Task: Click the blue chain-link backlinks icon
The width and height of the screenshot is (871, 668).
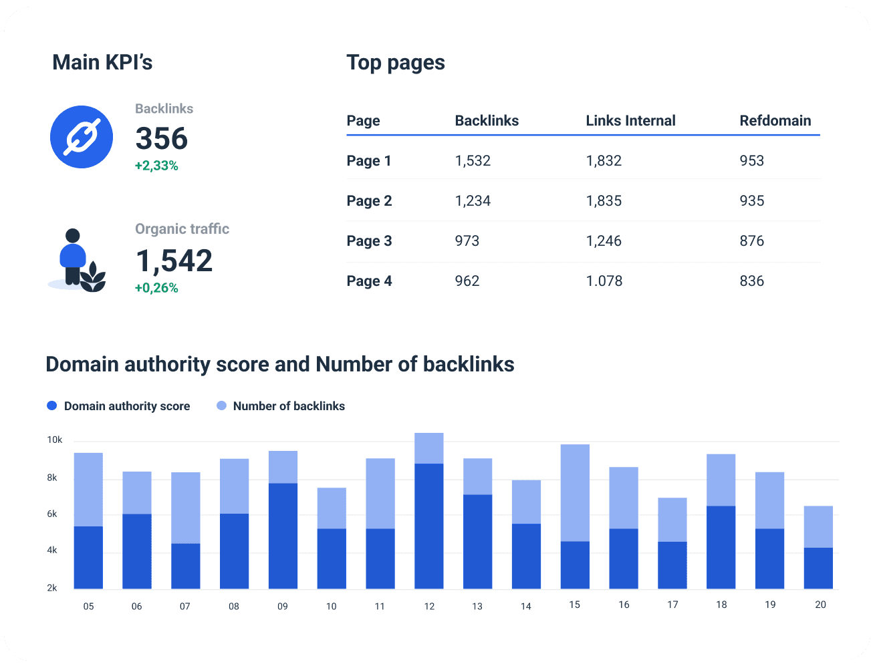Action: (82, 137)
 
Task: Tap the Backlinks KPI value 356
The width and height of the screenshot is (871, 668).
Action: (161, 139)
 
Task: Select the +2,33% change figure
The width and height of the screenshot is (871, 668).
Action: (156, 166)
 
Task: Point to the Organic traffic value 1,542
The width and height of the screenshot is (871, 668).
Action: (174, 261)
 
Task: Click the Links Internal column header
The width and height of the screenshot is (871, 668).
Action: (630, 121)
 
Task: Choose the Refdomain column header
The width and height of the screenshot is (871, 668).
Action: (775, 121)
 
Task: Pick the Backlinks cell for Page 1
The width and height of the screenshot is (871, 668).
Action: (473, 161)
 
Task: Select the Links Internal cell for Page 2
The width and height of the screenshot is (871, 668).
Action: (604, 201)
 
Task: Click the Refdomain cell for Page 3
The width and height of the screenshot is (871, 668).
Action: (751, 241)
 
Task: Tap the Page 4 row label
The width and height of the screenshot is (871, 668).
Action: (369, 281)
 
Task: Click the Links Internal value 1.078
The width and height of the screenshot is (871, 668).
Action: (604, 281)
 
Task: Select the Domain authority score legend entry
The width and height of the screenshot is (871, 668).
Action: (119, 406)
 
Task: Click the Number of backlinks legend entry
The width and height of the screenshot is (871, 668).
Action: (281, 406)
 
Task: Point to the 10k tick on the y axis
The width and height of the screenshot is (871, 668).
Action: (54, 440)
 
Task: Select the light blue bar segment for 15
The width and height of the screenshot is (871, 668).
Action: (575, 492)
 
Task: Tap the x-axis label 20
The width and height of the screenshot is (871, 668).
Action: (820, 605)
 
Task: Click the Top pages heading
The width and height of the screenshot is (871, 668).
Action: (395, 63)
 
